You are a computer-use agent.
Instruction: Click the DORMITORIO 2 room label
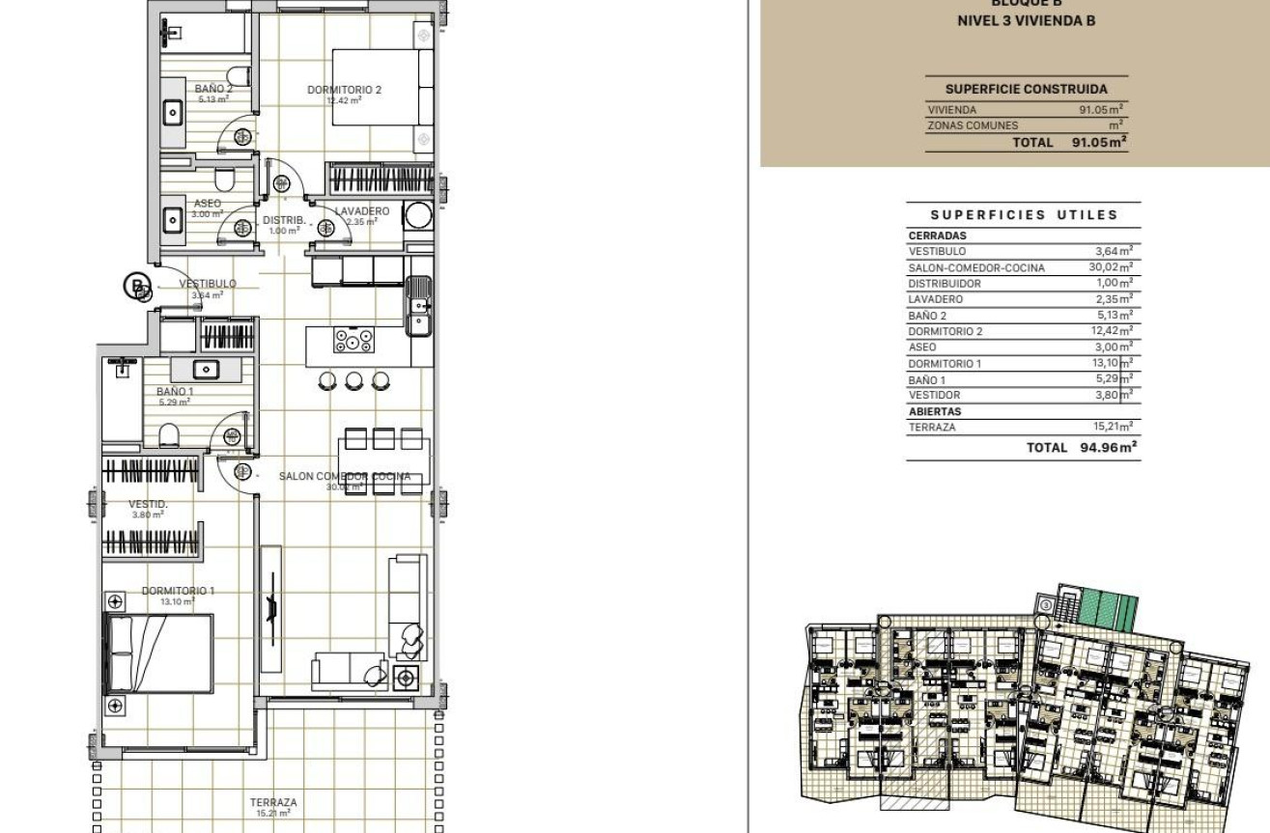(x=344, y=90)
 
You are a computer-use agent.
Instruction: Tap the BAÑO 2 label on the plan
(x=213, y=89)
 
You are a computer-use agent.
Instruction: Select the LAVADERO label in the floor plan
(x=362, y=211)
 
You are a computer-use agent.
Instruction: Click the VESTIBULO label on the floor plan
(x=207, y=284)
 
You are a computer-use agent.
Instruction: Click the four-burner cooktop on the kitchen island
(x=353, y=340)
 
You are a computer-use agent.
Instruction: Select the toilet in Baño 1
(x=169, y=433)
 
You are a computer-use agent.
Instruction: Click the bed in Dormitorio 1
(x=157, y=653)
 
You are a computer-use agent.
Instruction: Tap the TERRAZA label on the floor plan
(x=273, y=802)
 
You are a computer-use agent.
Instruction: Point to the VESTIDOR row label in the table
(x=934, y=395)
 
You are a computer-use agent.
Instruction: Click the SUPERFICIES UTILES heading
(x=1024, y=215)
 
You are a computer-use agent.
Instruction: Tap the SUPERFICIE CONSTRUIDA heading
(x=1026, y=89)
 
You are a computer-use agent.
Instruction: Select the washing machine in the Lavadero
(x=419, y=214)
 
